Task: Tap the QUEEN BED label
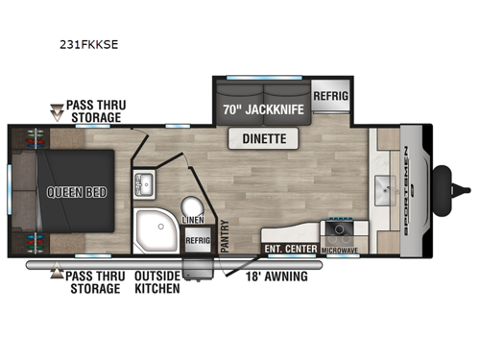tap(75, 190)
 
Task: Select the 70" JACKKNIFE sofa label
tap(264, 109)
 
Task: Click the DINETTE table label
tap(262, 140)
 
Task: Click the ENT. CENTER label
tap(290, 252)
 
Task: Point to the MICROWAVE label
tap(342, 252)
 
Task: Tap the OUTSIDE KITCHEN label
tap(156, 281)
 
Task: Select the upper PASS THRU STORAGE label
tap(93, 111)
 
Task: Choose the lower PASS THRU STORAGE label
tap(93, 281)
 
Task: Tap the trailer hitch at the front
tap(444, 181)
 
